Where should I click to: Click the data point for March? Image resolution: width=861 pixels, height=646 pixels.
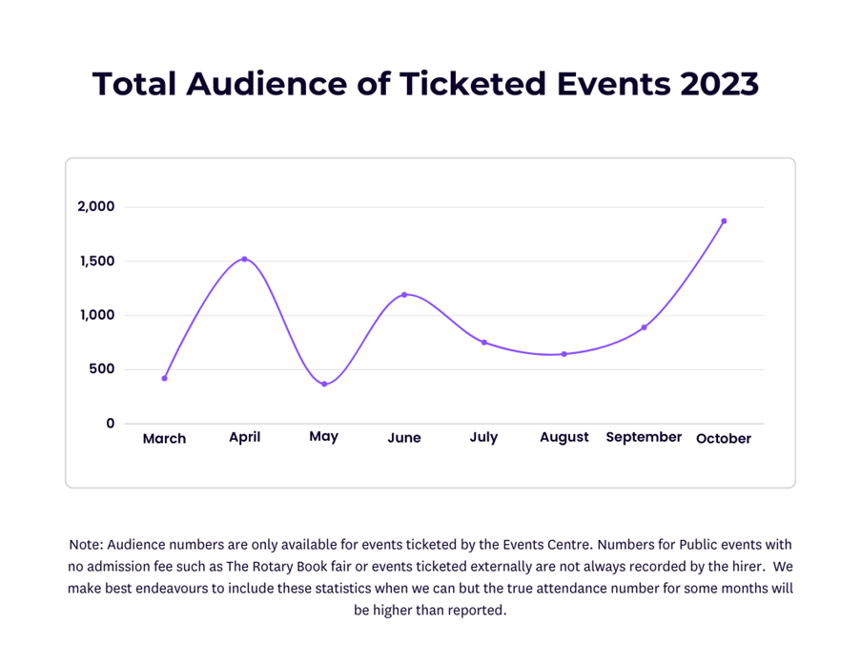164,379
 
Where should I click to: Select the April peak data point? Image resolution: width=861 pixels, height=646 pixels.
244,259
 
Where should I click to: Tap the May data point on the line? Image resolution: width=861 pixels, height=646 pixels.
324,384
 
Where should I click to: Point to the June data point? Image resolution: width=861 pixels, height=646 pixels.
404,295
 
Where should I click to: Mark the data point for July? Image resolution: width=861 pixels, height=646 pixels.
483,343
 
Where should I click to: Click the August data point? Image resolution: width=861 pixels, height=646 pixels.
564,354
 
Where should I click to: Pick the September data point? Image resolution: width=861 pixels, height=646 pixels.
644,327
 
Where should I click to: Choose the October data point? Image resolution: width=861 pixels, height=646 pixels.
724,221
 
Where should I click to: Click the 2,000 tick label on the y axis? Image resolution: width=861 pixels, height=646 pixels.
95,207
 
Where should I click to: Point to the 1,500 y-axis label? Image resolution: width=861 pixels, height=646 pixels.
95,261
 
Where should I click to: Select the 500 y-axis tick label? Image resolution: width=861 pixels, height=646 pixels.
102,369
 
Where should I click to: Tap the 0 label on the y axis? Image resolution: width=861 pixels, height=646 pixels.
111,424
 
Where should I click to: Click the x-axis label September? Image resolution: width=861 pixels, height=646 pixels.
644,437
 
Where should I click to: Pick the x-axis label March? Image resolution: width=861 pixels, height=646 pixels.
164,439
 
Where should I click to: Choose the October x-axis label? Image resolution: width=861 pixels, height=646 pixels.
724,439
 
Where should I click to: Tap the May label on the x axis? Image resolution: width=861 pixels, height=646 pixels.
324,437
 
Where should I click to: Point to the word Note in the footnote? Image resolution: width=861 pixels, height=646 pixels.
87,545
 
